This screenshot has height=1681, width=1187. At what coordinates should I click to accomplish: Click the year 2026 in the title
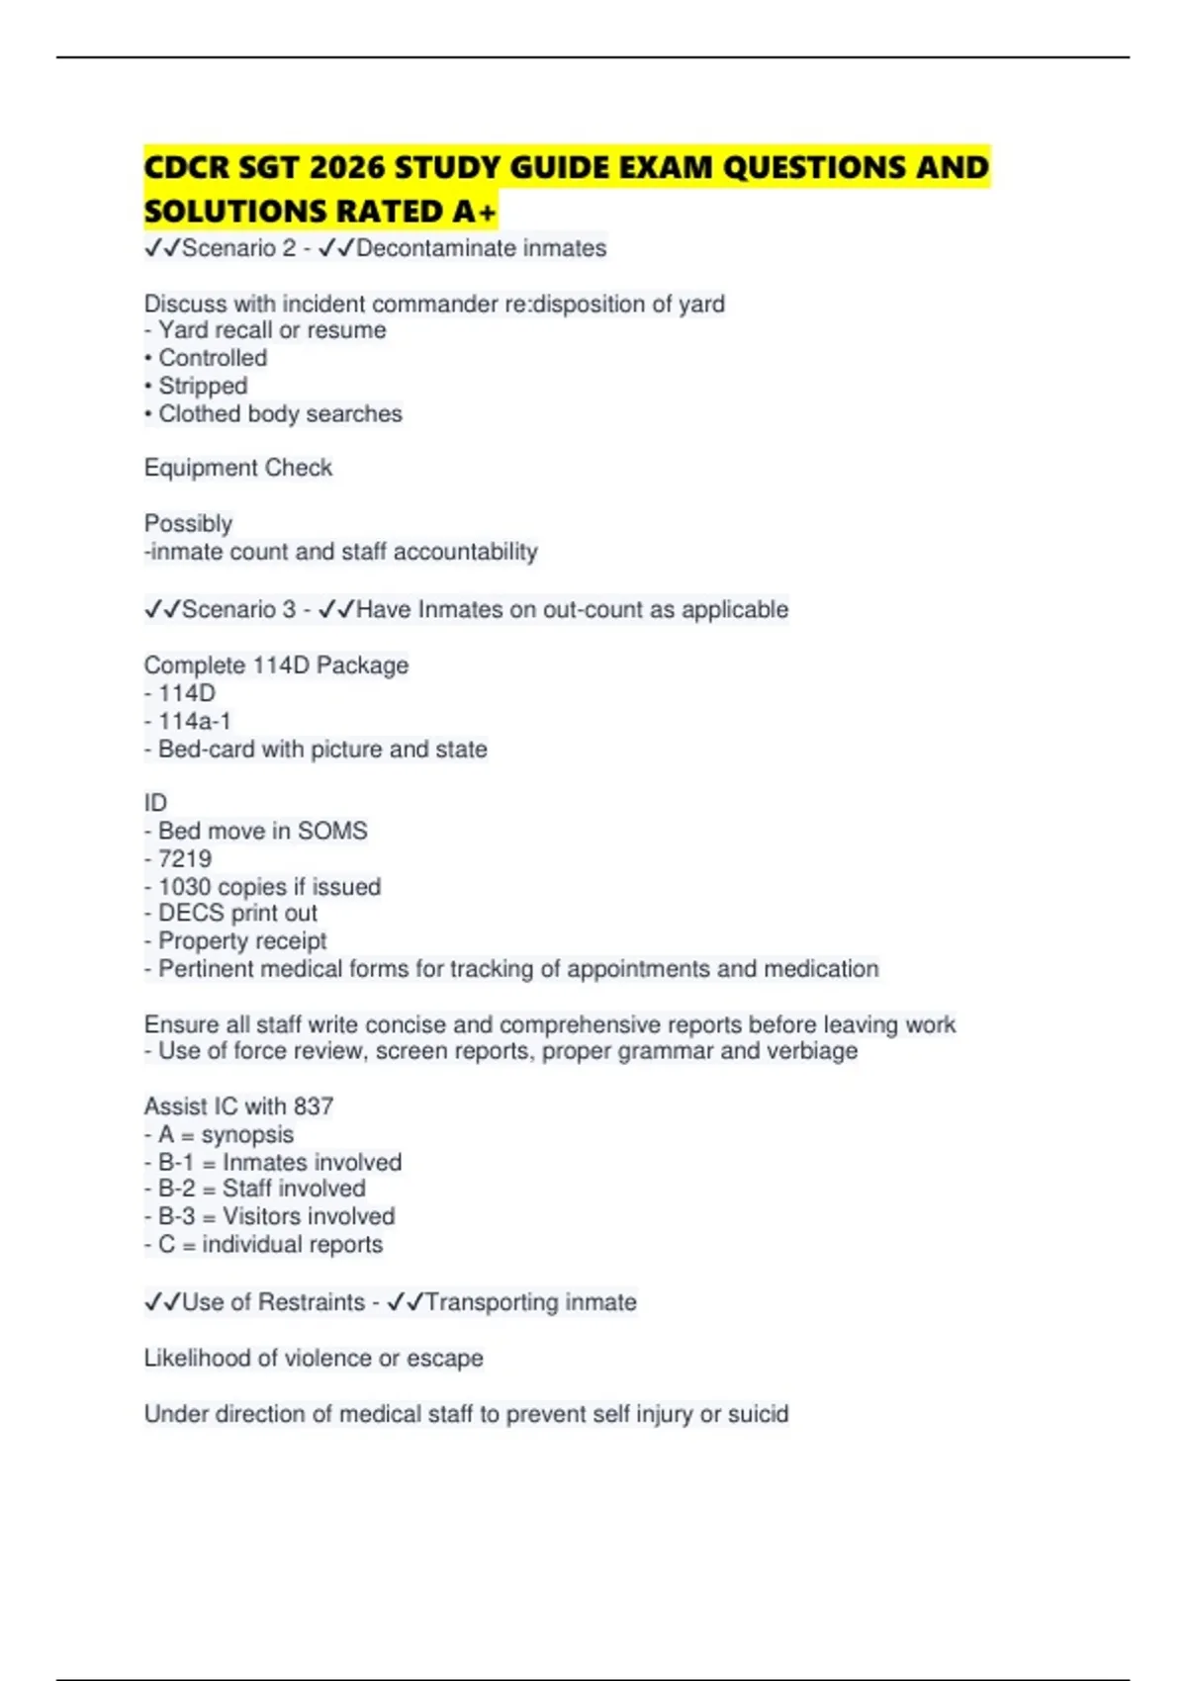(x=346, y=168)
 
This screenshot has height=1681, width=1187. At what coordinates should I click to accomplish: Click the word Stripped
(x=203, y=386)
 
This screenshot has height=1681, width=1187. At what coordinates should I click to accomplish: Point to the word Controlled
(x=213, y=358)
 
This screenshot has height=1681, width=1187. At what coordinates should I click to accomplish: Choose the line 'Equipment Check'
(x=238, y=468)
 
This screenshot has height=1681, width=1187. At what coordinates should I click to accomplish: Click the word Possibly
(x=188, y=523)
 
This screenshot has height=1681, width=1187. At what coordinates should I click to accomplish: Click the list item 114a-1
(x=194, y=722)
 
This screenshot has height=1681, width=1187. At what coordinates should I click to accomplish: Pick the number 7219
(x=185, y=858)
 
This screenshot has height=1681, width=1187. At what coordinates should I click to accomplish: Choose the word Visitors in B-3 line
(x=261, y=1216)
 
